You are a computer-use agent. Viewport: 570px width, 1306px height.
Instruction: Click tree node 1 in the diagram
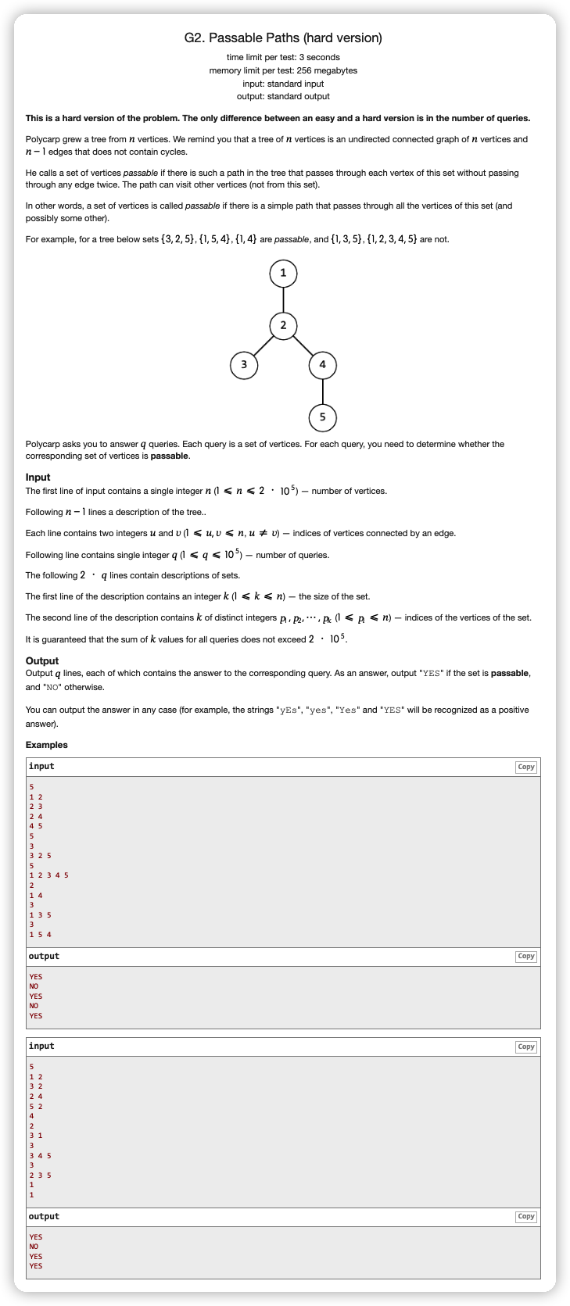pyautogui.click(x=283, y=273)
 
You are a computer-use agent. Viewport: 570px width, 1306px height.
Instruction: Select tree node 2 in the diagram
pyautogui.click(x=283, y=325)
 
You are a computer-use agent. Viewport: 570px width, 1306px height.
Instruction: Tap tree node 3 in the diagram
pyautogui.click(x=244, y=364)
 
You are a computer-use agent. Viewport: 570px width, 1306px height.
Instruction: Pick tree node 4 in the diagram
pyautogui.click(x=322, y=364)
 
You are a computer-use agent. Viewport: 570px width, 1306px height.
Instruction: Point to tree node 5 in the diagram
pyautogui.click(x=322, y=417)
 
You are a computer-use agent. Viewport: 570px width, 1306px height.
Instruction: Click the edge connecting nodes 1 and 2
pyautogui.click(x=283, y=299)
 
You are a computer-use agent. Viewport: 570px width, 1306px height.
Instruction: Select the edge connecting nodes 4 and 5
pyautogui.click(x=322, y=391)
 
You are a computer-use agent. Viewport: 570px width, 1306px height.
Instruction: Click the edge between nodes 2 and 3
pyautogui.click(x=263, y=345)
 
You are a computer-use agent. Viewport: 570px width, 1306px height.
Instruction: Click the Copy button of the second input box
pyautogui.click(x=526, y=1047)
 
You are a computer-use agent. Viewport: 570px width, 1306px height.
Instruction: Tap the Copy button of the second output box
pyautogui.click(x=526, y=1216)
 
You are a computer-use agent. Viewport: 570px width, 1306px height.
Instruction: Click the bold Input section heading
pyautogui.click(x=38, y=477)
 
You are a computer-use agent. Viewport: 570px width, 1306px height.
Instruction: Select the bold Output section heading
pyautogui.click(x=42, y=660)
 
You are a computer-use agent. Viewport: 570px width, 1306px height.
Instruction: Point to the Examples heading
pyautogui.click(x=46, y=745)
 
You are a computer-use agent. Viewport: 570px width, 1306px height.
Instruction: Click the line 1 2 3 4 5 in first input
pyautogui.click(x=48, y=875)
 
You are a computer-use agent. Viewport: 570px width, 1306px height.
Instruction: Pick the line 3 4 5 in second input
pyautogui.click(x=40, y=1155)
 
